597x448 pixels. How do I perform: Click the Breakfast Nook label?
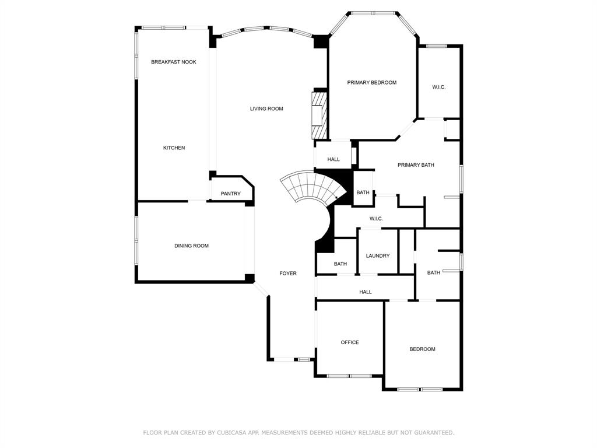coord(174,62)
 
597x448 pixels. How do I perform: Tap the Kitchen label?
coord(174,148)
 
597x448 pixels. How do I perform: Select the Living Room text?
coord(266,108)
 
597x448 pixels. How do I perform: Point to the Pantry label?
coord(231,194)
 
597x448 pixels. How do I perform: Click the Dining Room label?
coord(191,246)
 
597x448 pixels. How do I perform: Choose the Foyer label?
coord(288,273)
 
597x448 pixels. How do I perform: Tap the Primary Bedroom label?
coord(372,82)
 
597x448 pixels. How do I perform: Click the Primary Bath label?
coord(416,165)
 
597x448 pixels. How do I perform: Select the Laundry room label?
coord(378,256)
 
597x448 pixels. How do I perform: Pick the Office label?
coord(350,342)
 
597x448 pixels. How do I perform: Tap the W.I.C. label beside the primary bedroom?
coord(439,87)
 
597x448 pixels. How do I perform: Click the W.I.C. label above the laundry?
coord(376,219)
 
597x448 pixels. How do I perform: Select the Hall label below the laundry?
coord(366,292)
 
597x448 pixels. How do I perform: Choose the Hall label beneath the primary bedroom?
coord(333,159)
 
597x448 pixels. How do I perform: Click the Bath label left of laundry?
coord(340,264)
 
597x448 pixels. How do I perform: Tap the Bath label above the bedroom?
coord(434,272)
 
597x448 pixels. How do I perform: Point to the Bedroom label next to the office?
coord(423,349)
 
